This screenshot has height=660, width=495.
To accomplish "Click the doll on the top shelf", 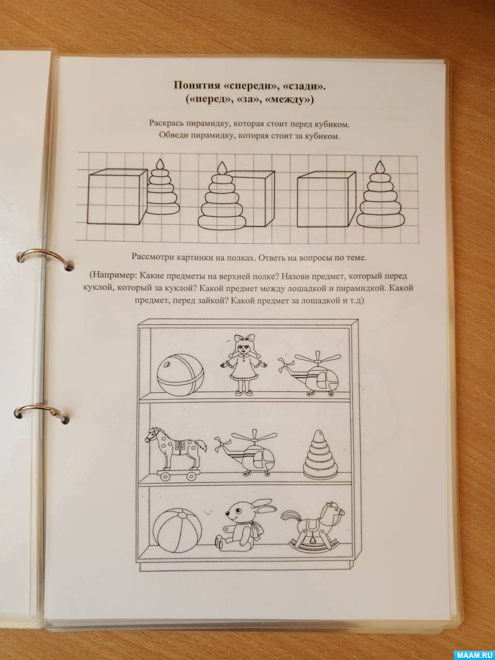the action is pos(243,365).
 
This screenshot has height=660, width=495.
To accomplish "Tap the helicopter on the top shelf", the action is pos(310,373).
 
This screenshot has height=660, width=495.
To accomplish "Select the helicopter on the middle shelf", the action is pos(246,453).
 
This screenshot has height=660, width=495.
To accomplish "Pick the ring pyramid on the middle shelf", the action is pos(320,454).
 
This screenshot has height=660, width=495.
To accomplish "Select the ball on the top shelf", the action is pos(180,374).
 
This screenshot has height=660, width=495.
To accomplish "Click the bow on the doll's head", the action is pos(244,338).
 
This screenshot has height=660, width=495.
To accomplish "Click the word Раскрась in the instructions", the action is pos(166,123).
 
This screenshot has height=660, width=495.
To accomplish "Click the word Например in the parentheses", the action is pos(113,275).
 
